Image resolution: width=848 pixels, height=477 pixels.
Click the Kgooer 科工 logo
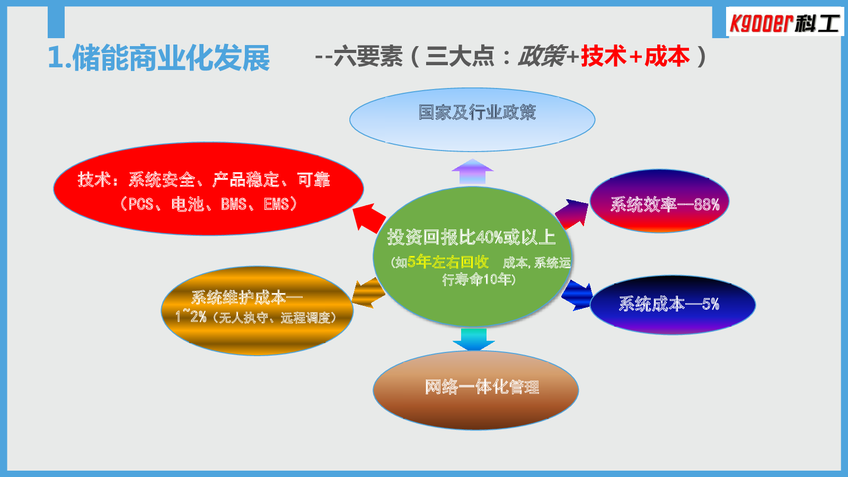(784, 22)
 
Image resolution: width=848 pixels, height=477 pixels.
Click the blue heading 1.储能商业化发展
(158, 58)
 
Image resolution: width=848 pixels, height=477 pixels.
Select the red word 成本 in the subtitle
(667, 56)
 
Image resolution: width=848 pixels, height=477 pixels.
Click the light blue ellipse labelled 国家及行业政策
(472, 120)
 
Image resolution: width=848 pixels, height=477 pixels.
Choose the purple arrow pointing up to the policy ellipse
(472, 172)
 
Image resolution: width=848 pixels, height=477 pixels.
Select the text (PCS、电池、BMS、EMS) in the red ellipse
(209, 204)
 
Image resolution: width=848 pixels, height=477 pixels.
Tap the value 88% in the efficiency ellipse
(707, 205)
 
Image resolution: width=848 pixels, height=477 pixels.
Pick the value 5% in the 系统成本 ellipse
(711, 304)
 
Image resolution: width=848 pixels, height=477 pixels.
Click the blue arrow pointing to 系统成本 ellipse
(577, 295)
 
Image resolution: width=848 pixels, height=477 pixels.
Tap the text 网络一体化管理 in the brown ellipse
(482, 387)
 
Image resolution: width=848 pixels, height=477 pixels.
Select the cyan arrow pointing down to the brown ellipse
(474, 339)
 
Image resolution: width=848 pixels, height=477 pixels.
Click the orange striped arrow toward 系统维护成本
(368, 293)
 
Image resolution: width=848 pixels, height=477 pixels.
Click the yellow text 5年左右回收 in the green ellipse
(448, 262)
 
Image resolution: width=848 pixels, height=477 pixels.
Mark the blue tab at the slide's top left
(56, 22)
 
